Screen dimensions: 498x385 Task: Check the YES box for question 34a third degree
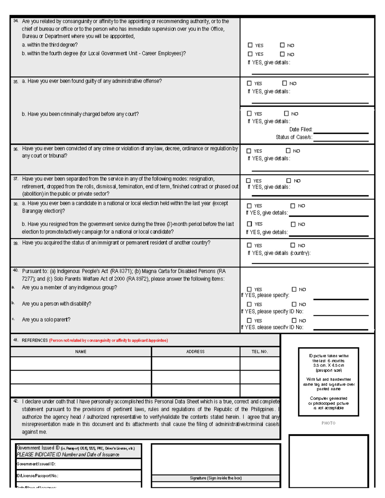coord(250,45)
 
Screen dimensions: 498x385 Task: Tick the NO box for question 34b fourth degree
coord(282,54)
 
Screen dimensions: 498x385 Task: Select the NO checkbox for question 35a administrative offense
coord(284,83)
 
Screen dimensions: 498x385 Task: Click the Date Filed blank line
coord(341,130)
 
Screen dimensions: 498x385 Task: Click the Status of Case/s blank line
coord(341,138)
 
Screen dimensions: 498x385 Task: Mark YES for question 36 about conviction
coord(249,151)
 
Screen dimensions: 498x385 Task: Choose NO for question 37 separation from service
coord(288,181)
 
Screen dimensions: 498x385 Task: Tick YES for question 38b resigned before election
coord(249,224)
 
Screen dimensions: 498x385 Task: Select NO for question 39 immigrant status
coord(293,245)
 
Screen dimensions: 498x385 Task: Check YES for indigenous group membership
coord(249,289)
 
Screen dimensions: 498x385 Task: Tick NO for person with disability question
coord(294,304)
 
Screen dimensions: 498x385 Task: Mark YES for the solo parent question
coord(249,320)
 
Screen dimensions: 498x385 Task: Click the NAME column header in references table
coord(81,352)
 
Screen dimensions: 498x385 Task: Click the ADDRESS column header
coord(195,352)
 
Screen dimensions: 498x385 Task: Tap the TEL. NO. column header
coord(260,352)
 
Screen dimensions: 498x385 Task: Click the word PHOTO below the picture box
coord(329,423)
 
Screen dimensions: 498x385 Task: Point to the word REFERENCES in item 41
coord(35,341)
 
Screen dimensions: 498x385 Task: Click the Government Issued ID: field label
coord(36,464)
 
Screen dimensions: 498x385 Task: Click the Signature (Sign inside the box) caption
coord(216,478)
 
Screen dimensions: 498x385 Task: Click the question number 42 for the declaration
coord(16,401)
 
